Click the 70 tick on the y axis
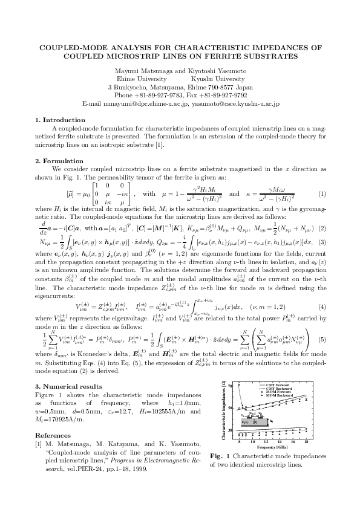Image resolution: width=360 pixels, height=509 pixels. [223, 385]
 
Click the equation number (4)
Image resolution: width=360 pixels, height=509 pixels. [322, 290]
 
